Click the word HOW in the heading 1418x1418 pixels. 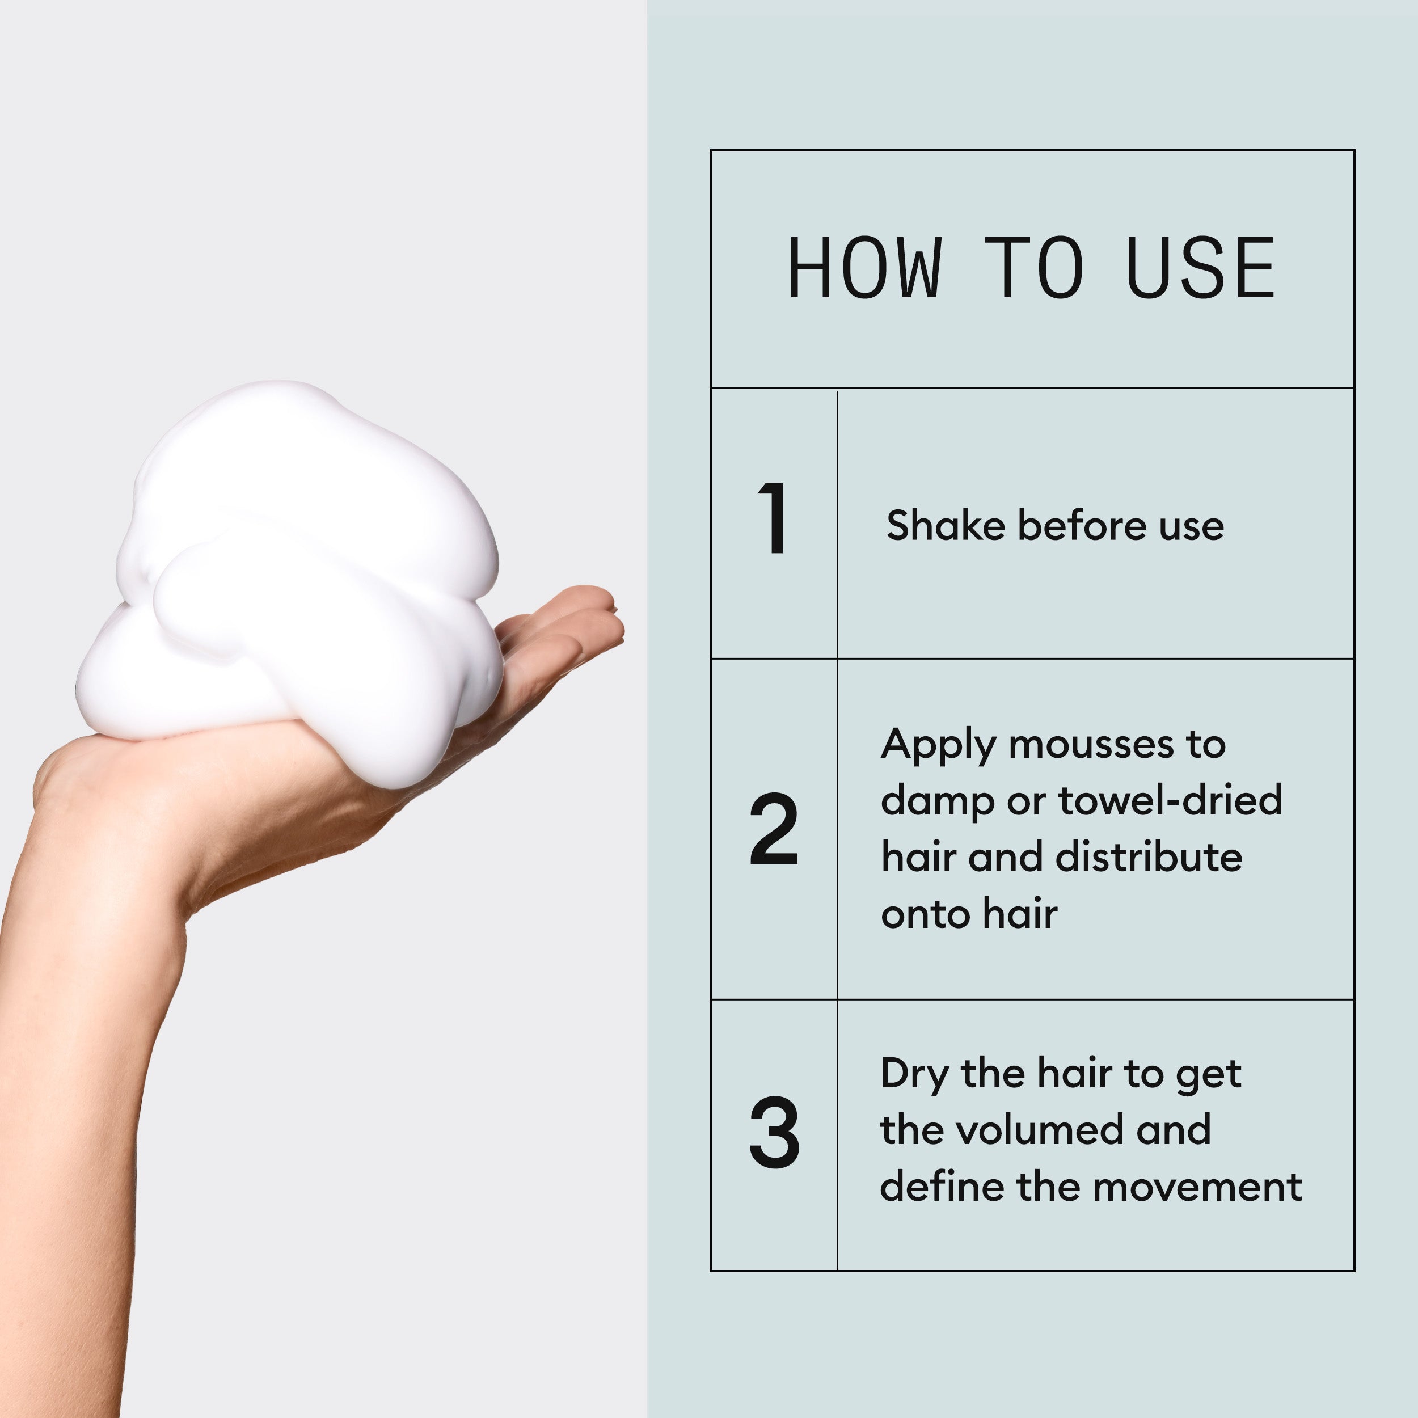click(864, 269)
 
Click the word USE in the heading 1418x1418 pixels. click(1200, 269)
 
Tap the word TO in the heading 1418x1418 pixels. click(1033, 269)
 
